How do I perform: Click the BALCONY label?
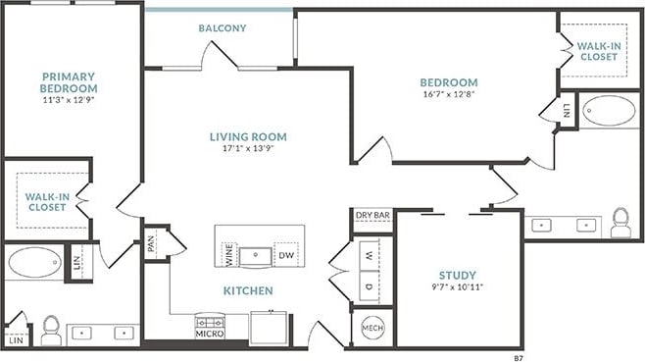pos(223,28)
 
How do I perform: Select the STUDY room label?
pos(458,276)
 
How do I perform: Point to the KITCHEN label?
pos(247,291)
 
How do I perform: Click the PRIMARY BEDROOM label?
pos(68,81)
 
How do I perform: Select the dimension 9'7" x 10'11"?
pos(458,287)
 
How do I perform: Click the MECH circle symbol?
pos(372,328)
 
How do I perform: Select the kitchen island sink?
pos(257,255)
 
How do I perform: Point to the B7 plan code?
pos(519,358)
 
